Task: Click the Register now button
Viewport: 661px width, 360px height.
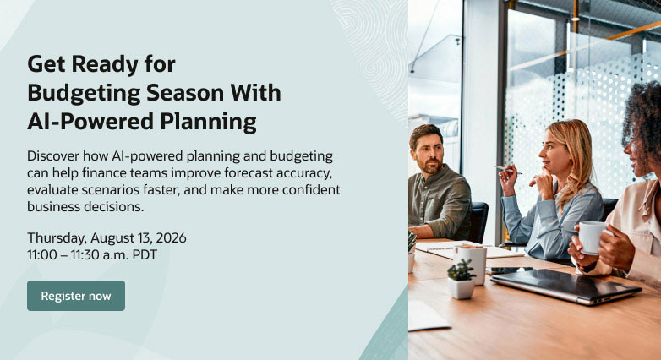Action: (x=76, y=296)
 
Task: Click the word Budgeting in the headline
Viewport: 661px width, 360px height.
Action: (x=84, y=94)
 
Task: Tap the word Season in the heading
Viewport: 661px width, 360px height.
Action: (x=185, y=93)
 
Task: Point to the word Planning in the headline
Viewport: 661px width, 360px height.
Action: (x=208, y=123)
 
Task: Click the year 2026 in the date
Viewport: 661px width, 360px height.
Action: (x=171, y=237)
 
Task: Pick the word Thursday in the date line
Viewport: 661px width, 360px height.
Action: (x=57, y=238)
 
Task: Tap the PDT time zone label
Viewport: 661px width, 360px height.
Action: (x=145, y=254)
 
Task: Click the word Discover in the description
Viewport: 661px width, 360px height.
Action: (x=53, y=156)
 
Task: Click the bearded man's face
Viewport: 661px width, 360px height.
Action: (x=429, y=153)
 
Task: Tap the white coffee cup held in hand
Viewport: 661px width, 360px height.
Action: (x=593, y=237)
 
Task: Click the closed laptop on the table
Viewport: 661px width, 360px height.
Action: (x=565, y=286)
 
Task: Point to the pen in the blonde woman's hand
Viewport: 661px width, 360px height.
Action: (x=508, y=169)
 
